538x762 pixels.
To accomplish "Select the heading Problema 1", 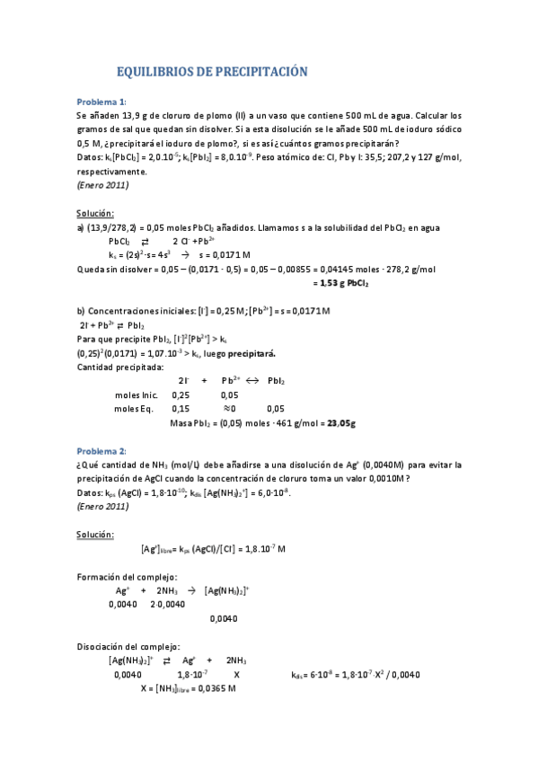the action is (101, 101).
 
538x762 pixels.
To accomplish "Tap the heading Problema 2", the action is (101, 450).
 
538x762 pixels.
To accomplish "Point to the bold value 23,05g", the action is (342, 422).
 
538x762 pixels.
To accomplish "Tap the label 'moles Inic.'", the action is (137, 394).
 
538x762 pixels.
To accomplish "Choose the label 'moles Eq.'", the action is (134, 409).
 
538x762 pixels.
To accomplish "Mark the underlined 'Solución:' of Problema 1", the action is (94, 213).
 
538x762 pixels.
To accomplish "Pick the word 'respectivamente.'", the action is (110, 171).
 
